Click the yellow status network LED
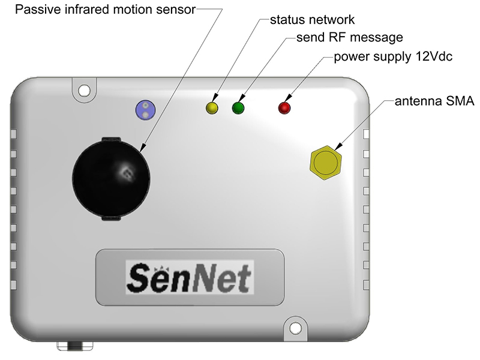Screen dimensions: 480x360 pos(212,108)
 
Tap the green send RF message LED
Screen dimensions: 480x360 pos(238,108)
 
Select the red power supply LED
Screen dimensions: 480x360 pos(284,108)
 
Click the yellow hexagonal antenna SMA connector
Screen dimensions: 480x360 pos(326,163)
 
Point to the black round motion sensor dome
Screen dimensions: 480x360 pos(111,179)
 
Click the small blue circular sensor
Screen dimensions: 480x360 pos(145,110)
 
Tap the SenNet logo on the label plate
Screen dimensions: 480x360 pos(190,277)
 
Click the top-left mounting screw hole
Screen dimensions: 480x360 pos(84,91)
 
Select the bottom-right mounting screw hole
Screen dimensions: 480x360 pos(295,328)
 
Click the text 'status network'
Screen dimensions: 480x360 pos(312,20)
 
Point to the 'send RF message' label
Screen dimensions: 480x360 pos(350,37)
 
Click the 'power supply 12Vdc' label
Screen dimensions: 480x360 pos(393,56)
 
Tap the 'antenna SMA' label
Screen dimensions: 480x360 pos(434,101)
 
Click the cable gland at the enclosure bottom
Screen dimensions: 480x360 pos(75,346)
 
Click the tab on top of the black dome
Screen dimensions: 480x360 pos(110,139)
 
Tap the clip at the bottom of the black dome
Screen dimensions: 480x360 pos(111,218)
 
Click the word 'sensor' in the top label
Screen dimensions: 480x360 pos(176,10)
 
